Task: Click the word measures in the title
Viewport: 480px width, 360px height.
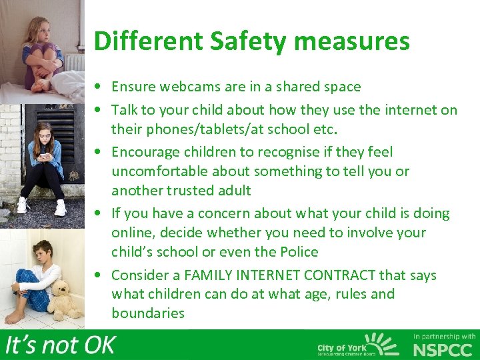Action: pos(355,41)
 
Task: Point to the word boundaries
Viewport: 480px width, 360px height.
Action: pos(148,313)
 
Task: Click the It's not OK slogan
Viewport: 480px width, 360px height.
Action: pos(61,345)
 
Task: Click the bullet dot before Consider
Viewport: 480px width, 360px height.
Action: pos(98,275)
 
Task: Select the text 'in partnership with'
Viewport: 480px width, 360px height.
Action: pos(444,337)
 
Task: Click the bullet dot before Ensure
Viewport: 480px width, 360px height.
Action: pos(98,87)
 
